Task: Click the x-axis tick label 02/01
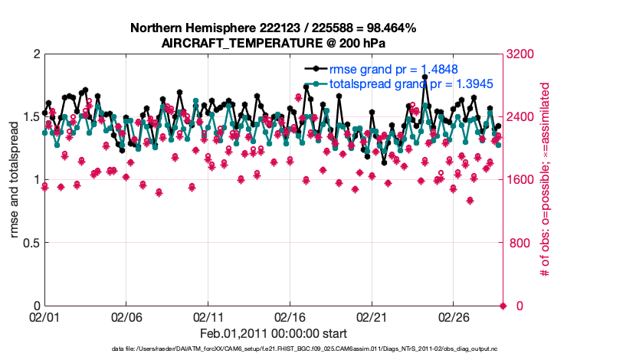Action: pyautogui.click(x=44, y=317)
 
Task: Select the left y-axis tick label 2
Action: pyautogui.click(x=34, y=54)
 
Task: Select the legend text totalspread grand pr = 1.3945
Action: pyautogui.click(x=411, y=83)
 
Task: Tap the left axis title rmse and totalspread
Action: pyautogui.click(x=15, y=180)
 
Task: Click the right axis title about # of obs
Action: pyautogui.click(x=545, y=180)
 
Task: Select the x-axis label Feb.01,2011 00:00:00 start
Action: pyautogui.click(x=274, y=333)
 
